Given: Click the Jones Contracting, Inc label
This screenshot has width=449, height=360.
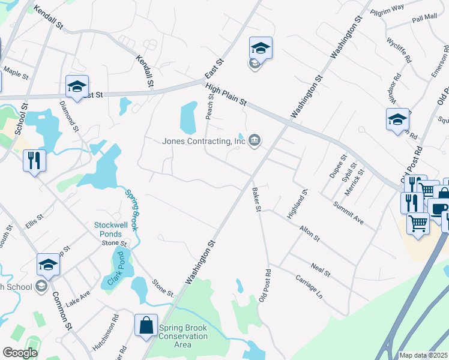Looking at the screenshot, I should tap(204, 142).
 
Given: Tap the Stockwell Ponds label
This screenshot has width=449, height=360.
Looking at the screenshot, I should tap(112, 229).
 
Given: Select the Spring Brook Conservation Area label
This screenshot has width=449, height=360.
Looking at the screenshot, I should tap(183, 336).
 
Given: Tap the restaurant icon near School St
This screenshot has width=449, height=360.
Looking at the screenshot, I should tap(34, 161).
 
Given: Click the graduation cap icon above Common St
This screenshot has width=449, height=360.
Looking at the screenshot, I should tap(49, 264).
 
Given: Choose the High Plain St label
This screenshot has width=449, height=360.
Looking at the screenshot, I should tap(226, 95).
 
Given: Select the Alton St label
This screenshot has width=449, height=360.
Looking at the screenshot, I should tap(310, 233).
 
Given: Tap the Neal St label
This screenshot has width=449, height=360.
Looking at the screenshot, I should tap(321, 269).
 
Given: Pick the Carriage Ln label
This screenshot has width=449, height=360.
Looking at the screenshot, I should tap(309, 287).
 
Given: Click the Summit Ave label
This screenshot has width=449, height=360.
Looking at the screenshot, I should tap(349, 213).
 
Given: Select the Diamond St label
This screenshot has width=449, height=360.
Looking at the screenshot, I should tap(69, 116).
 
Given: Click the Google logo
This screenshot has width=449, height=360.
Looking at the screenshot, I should tap(20, 353).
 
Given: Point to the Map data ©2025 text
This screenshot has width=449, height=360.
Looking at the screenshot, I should tap(423, 355).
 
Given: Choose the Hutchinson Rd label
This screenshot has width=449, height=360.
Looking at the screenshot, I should tap(106, 333).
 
